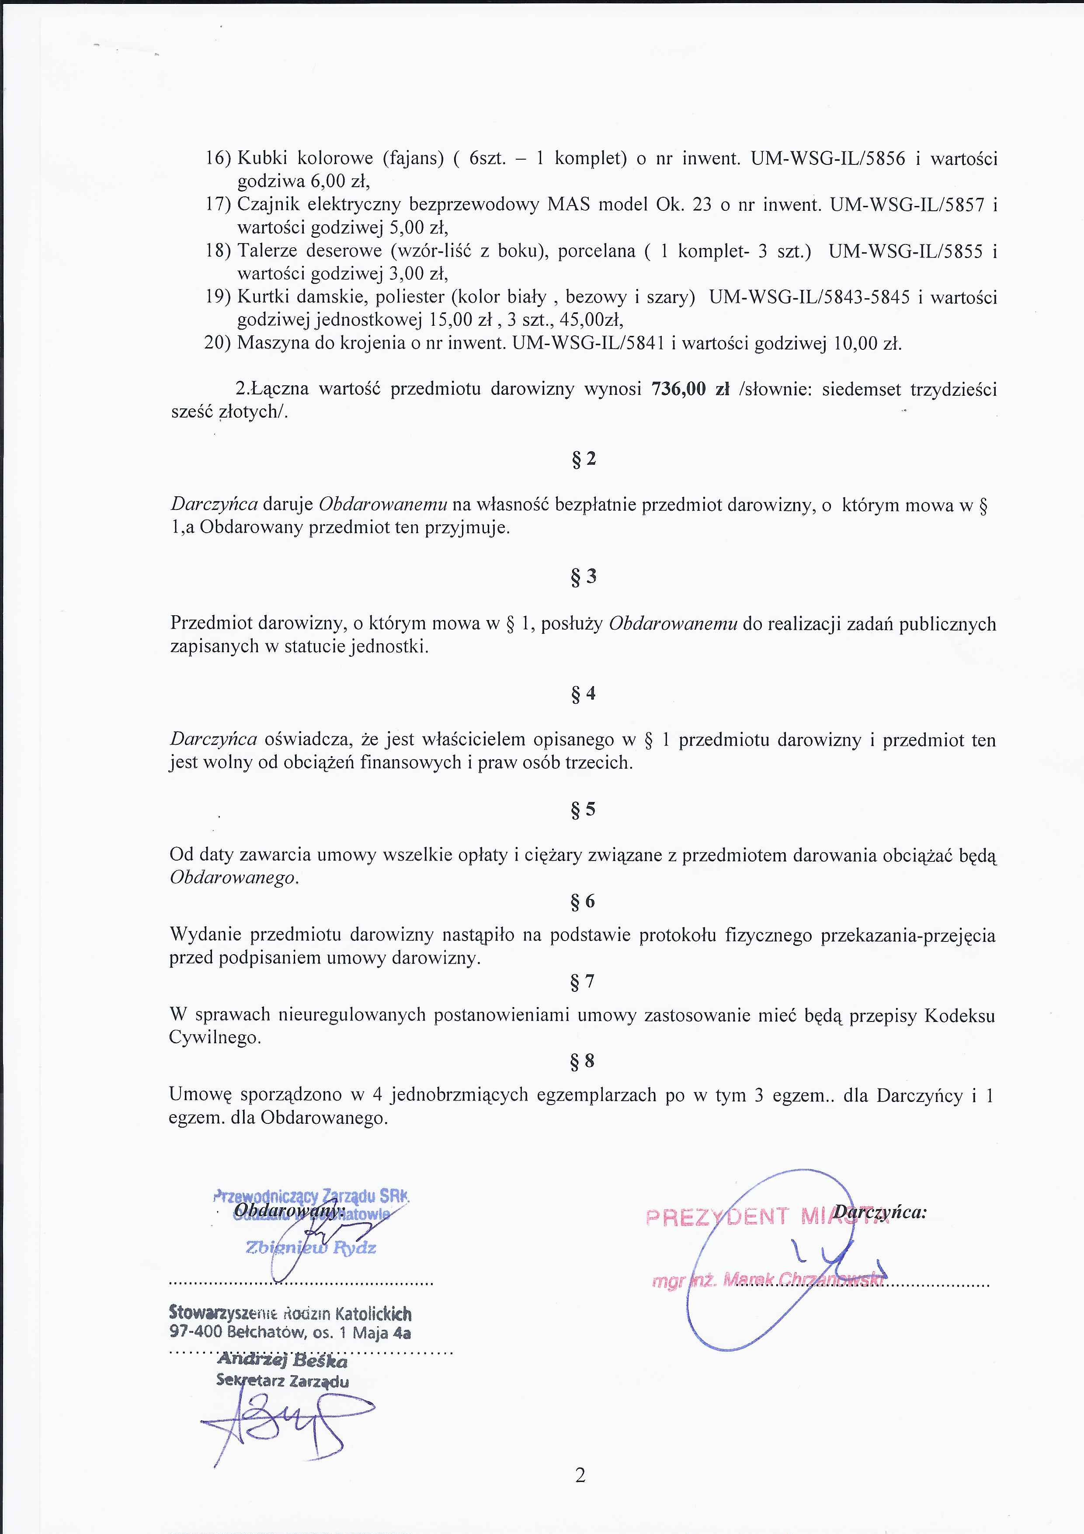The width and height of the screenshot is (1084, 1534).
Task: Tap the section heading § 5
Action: (x=583, y=810)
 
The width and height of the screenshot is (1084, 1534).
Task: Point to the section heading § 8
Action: (x=583, y=1061)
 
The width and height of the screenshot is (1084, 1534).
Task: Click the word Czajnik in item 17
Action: (x=268, y=205)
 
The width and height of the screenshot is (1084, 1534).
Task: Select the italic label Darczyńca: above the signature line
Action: (x=880, y=1212)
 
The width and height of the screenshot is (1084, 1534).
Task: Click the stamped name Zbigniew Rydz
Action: (x=311, y=1248)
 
